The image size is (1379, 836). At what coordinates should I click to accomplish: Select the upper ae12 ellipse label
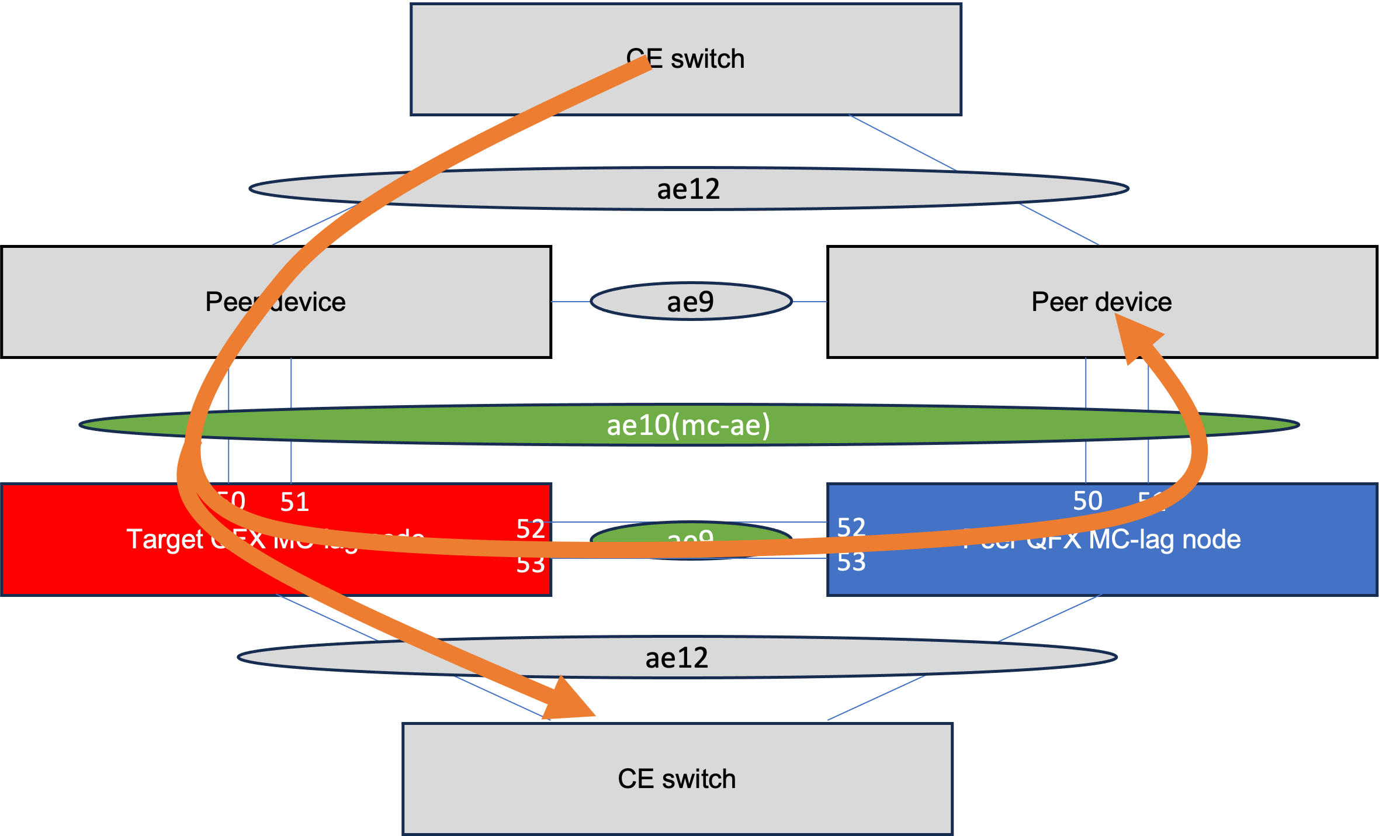click(688, 189)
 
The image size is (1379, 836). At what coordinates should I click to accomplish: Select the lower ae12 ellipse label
click(677, 658)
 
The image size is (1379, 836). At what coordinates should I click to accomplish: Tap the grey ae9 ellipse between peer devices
click(691, 302)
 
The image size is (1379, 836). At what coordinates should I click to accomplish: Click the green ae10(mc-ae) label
click(688, 425)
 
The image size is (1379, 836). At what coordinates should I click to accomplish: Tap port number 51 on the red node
click(294, 502)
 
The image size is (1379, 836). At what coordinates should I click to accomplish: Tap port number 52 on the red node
click(531, 529)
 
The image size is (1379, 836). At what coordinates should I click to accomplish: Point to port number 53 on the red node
click(531, 564)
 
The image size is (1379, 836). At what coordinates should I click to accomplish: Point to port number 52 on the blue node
click(851, 527)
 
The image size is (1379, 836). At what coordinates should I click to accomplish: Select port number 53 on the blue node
click(851, 562)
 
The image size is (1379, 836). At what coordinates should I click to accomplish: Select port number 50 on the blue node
click(1087, 501)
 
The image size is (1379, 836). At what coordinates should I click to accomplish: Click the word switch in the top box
click(708, 59)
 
